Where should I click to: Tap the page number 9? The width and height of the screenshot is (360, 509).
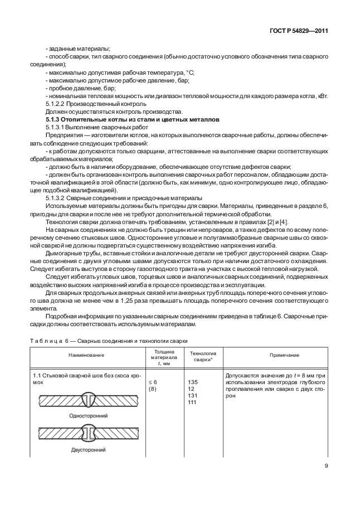click(325, 466)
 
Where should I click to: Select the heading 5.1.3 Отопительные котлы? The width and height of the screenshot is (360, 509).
click(133, 120)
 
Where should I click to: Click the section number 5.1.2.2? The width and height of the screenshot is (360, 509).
click(58, 104)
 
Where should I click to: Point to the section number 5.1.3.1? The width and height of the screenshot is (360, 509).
click(58, 128)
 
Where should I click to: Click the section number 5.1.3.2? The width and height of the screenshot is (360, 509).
click(58, 198)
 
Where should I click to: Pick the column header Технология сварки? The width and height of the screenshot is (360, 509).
click(203, 356)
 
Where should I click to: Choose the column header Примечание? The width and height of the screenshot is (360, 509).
click(284, 355)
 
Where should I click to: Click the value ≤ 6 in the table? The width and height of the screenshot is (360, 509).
click(153, 382)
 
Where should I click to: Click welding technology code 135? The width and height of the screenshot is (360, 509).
click(193, 382)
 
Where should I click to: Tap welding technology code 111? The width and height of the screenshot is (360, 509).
click(192, 402)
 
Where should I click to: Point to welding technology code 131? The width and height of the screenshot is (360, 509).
click(193, 395)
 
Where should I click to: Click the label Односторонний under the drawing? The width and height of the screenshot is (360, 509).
click(88, 415)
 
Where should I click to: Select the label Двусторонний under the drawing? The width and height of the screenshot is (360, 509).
click(88, 449)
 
